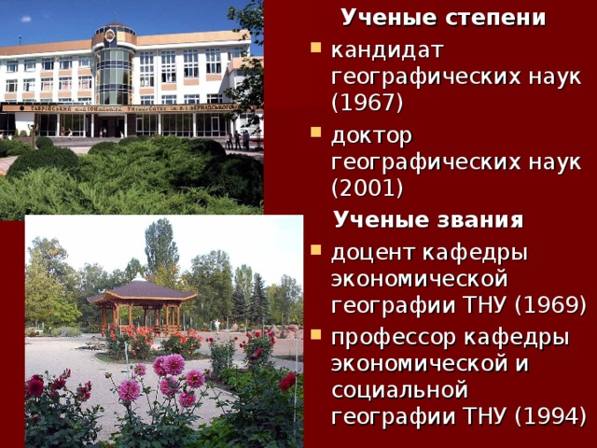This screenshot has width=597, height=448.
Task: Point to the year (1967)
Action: [x=365, y=99]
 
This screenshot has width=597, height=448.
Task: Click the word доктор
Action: [x=371, y=135]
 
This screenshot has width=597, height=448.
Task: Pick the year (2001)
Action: [x=367, y=188]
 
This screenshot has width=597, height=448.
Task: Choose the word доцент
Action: [x=369, y=252]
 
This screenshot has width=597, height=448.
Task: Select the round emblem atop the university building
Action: [x=110, y=35]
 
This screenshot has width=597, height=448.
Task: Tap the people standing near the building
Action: [x=238, y=140]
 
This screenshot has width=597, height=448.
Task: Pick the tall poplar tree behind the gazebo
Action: [x=160, y=247]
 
